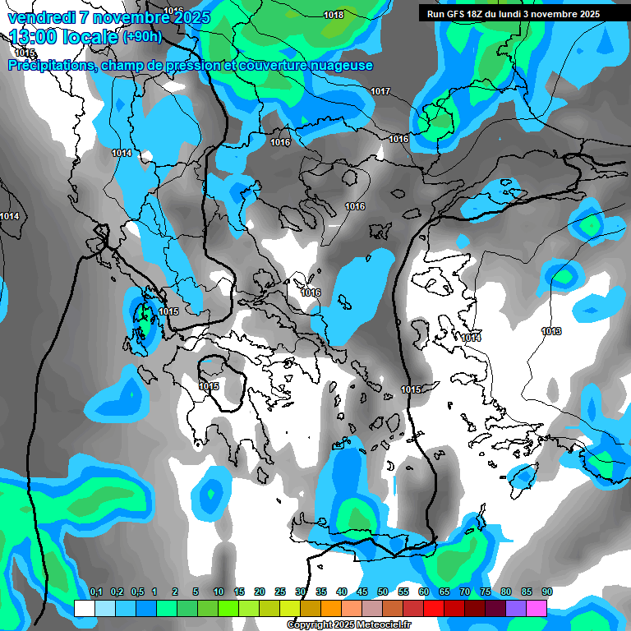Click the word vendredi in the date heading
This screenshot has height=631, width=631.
39,17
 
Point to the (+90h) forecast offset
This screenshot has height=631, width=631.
142,36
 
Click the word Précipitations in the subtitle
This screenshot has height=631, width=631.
51,65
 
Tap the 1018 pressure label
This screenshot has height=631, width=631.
334,15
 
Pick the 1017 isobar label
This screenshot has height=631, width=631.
380,91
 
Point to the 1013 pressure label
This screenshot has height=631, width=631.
551,331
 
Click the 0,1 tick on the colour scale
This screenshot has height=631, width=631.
95,592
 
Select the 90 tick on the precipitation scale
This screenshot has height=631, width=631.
547,592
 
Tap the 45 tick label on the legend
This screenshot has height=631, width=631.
362,592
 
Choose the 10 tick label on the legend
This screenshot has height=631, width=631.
219,592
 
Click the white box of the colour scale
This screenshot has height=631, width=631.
84,609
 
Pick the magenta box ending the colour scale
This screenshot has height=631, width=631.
537,609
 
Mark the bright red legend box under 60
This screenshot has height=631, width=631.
433,609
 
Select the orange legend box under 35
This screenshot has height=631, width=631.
330,609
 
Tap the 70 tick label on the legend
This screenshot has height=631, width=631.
465,592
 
